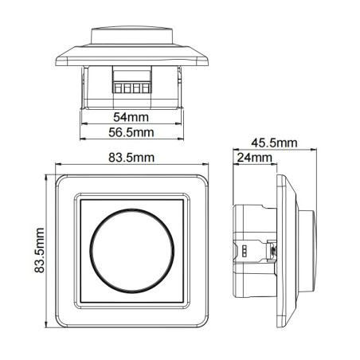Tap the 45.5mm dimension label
[x=274, y=143]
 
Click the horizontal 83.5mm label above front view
[x=132, y=158]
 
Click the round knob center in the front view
[x=132, y=250]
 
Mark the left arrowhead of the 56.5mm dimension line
[x=84, y=139]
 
